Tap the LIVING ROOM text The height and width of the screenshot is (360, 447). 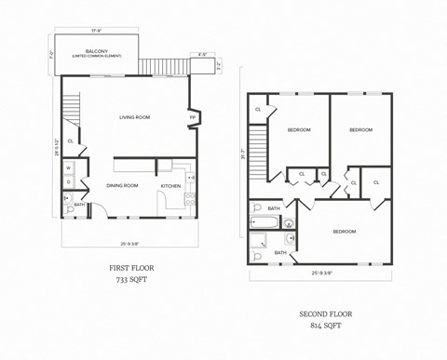tap(135, 117)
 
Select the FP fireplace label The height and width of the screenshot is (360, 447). tap(193, 118)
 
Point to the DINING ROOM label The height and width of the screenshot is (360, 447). tap(122, 185)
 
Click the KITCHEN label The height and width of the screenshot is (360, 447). tap(170, 185)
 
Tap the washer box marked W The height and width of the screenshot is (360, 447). tap(68, 168)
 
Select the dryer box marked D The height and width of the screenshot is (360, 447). tap(68, 181)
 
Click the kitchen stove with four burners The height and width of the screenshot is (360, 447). tap(190, 197)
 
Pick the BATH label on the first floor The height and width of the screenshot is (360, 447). tap(79, 205)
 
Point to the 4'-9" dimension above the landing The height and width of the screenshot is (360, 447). tap(203, 54)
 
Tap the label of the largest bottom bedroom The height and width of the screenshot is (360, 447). tap(344, 231)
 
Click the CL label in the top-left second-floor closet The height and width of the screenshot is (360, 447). tap(258, 110)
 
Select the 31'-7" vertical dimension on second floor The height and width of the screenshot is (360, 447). tap(243, 153)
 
